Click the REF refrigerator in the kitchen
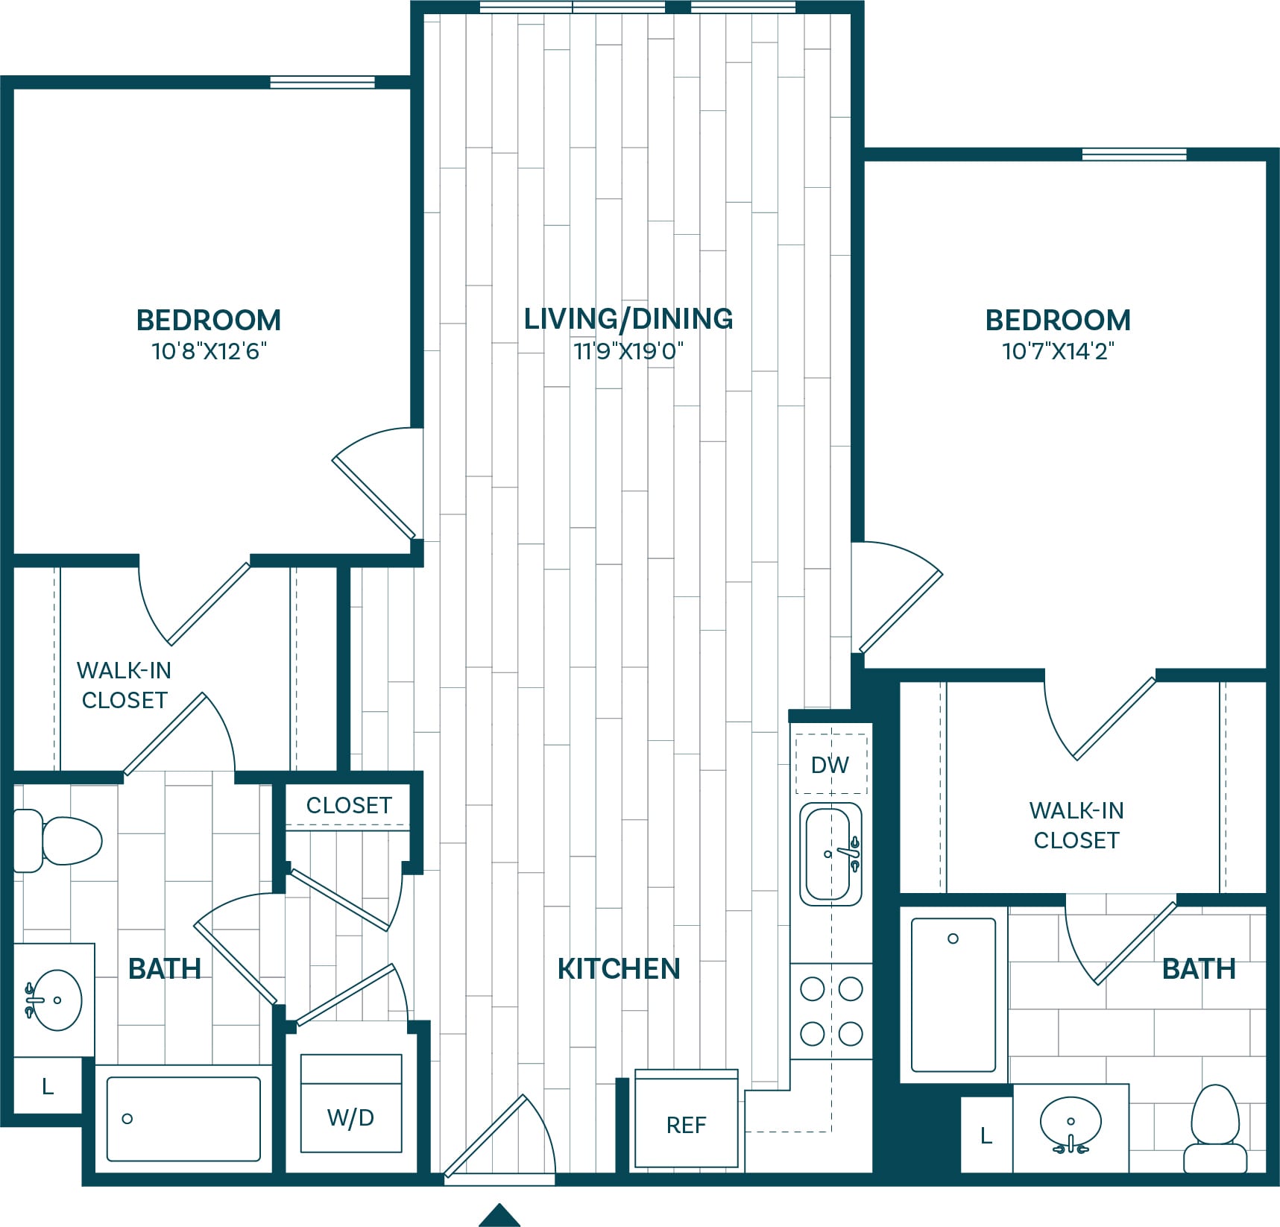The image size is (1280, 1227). [x=686, y=1118]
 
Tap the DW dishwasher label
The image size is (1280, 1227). [x=830, y=765]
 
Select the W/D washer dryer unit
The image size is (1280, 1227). [x=351, y=1103]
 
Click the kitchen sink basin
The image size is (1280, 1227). [x=830, y=854]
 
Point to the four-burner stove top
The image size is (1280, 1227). [x=831, y=1011]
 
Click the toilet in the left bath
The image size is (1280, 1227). [x=57, y=840]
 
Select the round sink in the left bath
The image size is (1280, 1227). [x=54, y=1000]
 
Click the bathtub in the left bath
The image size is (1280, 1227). [x=183, y=1119]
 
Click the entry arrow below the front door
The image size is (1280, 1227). [x=499, y=1214]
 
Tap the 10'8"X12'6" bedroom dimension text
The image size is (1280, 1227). [x=209, y=350]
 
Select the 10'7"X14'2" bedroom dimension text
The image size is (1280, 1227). [x=1058, y=350]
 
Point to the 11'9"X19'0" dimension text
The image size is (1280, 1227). [x=628, y=350]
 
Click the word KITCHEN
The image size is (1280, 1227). [x=619, y=968]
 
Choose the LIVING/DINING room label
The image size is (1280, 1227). [x=628, y=318]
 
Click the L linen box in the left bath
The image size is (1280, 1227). [x=48, y=1086]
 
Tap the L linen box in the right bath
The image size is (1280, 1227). [x=986, y=1135]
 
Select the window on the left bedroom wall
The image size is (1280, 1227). [x=322, y=82]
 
